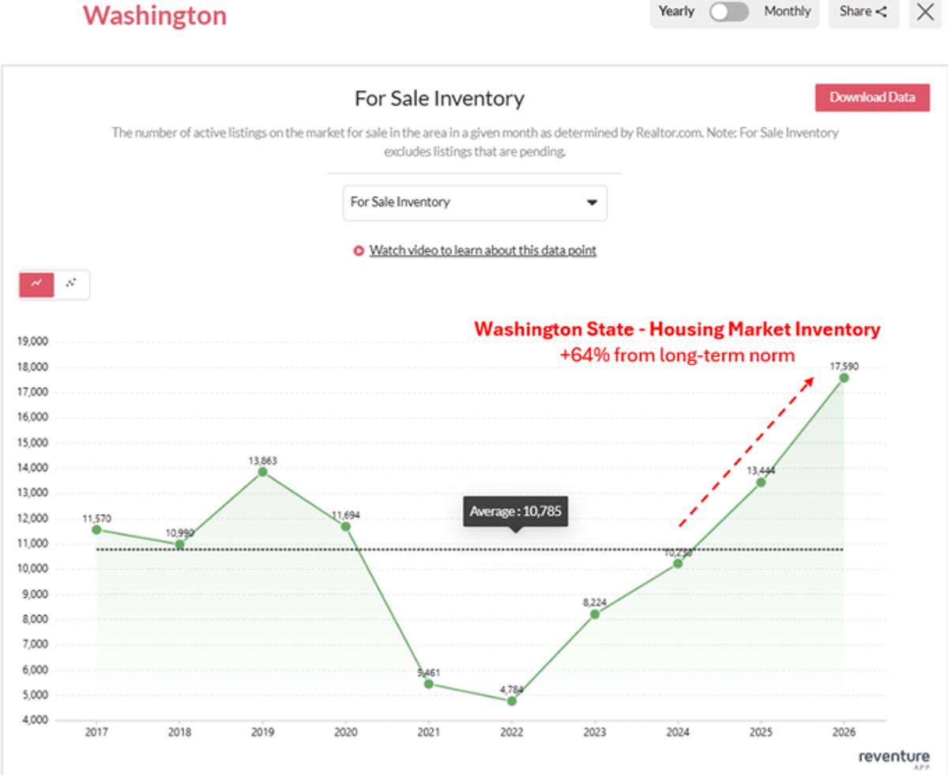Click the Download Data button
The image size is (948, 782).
872,98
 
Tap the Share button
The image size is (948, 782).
863,13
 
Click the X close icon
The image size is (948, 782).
925,13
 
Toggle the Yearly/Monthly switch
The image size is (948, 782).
728,13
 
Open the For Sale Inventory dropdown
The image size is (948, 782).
475,202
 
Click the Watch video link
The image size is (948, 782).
482,250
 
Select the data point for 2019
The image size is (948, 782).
262,472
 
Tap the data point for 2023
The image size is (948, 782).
595,614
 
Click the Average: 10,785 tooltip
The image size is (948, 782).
515,512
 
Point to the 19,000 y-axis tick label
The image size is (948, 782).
32,342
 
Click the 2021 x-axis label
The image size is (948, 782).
428,732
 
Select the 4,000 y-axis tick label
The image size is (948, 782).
34,720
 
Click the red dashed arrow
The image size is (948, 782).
747,452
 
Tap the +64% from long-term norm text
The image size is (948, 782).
677,355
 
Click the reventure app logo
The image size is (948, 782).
893,758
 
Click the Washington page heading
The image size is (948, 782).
155,15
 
